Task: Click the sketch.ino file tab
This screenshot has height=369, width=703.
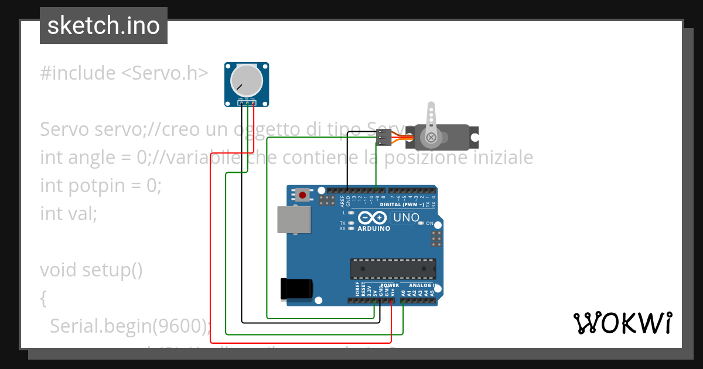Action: click(x=104, y=26)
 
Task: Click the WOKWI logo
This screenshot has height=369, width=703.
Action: click(x=622, y=323)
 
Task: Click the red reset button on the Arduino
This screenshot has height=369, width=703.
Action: click(x=302, y=194)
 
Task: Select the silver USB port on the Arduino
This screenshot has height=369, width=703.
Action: click(x=294, y=220)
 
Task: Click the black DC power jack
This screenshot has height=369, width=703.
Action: click(x=297, y=288)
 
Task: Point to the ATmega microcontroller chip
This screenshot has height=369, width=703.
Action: click(x=393, y=268)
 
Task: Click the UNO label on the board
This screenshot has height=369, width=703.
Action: click(x=406, y=218)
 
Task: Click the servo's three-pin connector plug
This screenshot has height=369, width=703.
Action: click(x=384, y=138)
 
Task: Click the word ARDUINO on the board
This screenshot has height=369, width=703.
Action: click(x=373, y=228)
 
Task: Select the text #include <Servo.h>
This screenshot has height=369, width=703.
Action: click(x=124, y=73)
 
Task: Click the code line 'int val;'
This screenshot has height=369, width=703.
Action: click(x=69, y=213)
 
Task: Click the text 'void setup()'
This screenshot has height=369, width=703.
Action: click(x=91, y=270)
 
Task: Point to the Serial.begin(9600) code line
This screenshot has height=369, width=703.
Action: click(x=129, y=326)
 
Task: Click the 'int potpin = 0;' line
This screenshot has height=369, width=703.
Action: click(x=100, y=186)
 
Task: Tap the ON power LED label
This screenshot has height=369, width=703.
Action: click(x=429, y=224)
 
